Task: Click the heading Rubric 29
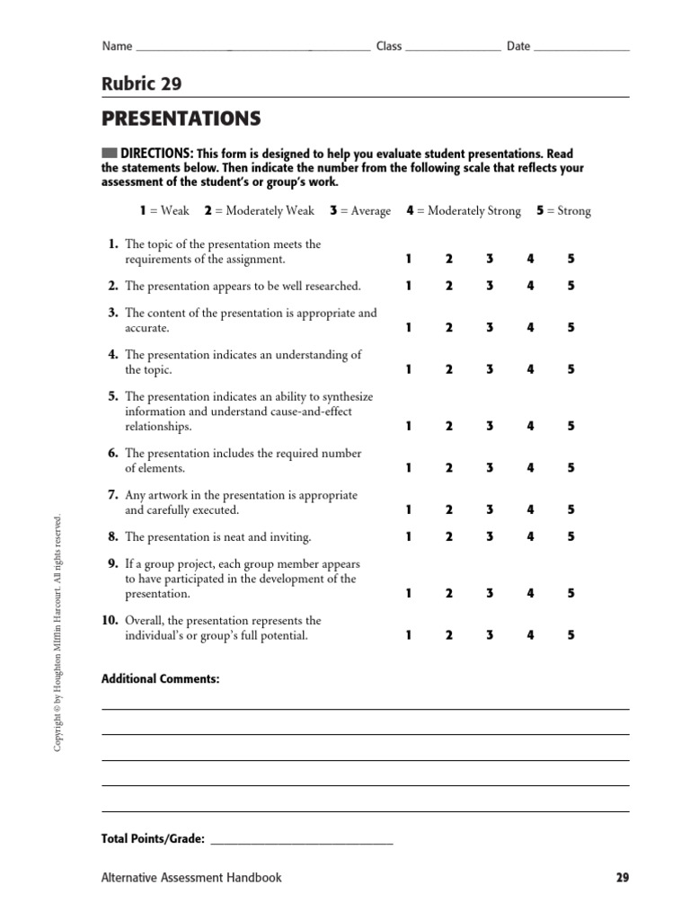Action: pyautogui.click(x=141, y=84)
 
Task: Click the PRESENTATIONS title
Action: pyautogui.click(x=181, y=119)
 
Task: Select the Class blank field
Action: pyautogui.click(x=453, y=47)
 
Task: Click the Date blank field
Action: pyautogui.click(x=582, y=47)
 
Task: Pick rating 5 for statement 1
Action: pyautogui.click(x=571, y=259)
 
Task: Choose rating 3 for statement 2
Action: pyautogui.click(x=490, y=286)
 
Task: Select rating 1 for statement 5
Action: pyautogui.click(x=408, y=426)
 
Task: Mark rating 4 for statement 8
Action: pyautogui.click(x=530, y=536)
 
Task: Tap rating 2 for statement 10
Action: pyautogui.click(x=448, y=635)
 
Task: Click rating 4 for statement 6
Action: pyautogui.click(x=530, y=467)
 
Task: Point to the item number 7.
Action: pyautogui.click(x=113, y=495)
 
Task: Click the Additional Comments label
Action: pyautogui.click(x=160, y=679)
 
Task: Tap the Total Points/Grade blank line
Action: pyautogui.click(x=301, y=841)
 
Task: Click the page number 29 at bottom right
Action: pyautogui.click(x=623, y=878)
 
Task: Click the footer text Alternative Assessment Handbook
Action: pyautogui.click(x=191, y=878)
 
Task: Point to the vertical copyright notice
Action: pyautogui.click(x=57, y=633)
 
